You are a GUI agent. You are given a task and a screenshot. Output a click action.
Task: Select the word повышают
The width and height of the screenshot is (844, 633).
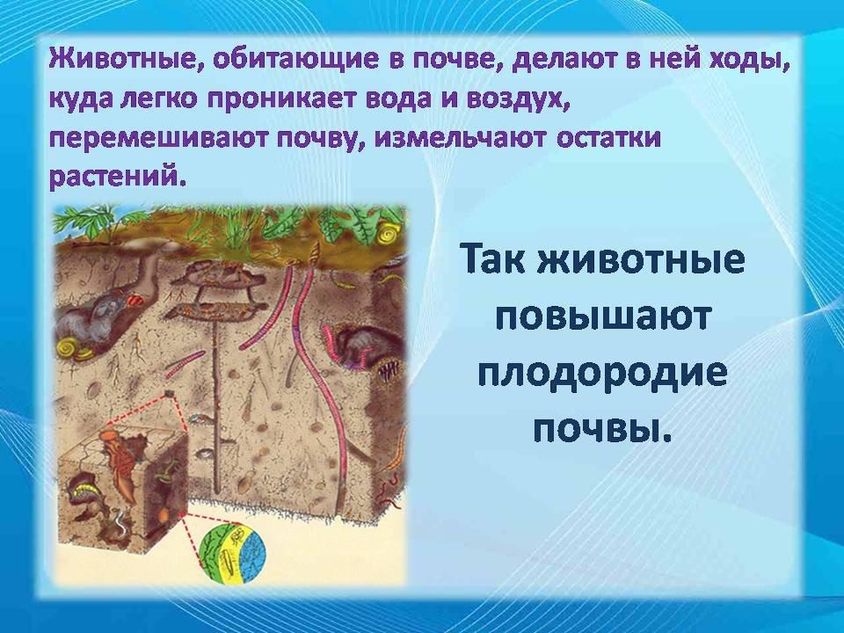coord(601,318)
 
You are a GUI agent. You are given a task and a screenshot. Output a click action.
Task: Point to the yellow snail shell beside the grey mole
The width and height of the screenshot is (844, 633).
coord(69,349)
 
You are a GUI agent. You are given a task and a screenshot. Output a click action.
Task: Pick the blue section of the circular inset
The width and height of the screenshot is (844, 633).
coord(251,556)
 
